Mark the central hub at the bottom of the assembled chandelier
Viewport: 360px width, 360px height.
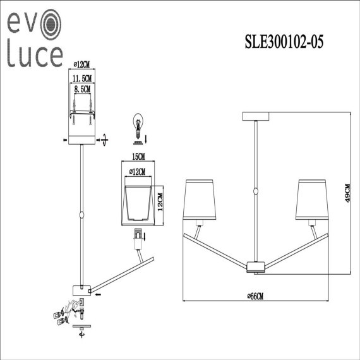point(256,267)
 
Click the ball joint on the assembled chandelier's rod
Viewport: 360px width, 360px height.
point(256,191)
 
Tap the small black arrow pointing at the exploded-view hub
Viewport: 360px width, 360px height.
point(100,292)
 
